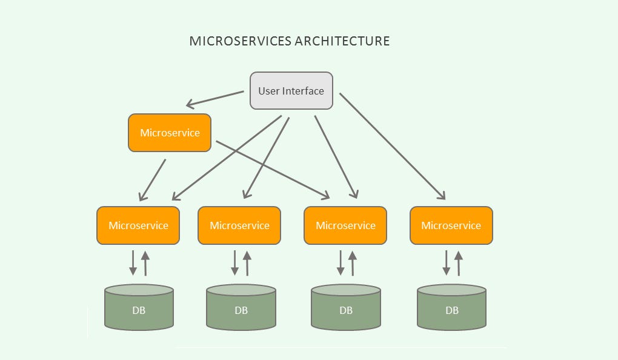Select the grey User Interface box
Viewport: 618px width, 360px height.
tap(291, 91)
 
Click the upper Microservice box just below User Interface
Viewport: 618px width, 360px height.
tap(170, 133)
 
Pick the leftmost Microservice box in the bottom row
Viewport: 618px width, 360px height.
tap(138, 225)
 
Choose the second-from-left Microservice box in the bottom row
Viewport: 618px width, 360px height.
tap(239, 225)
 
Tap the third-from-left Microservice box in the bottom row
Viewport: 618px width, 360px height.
tap(345, 225)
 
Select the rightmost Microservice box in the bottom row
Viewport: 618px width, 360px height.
tap(451, 225)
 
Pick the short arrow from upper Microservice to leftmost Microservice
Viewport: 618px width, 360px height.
tap(153, 179)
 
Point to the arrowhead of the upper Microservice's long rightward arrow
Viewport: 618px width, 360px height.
tap(324, 195)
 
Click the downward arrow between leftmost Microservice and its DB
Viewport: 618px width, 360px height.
tap(133, 262)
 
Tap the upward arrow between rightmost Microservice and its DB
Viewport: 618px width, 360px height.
tap(459, 262)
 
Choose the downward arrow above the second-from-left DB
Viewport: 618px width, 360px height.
tap(234, 262)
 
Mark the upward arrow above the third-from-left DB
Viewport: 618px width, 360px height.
tap(353, 262)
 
